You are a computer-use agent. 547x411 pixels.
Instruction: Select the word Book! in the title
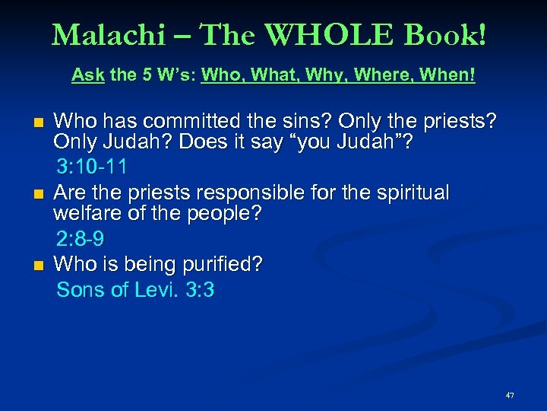click(x=446, y=34)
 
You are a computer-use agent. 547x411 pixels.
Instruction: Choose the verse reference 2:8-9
click(x=81, y=239)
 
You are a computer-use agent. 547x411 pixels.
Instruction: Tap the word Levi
click(x=156, y=290)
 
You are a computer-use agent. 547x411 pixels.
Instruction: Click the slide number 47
click(x=509, y=395)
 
